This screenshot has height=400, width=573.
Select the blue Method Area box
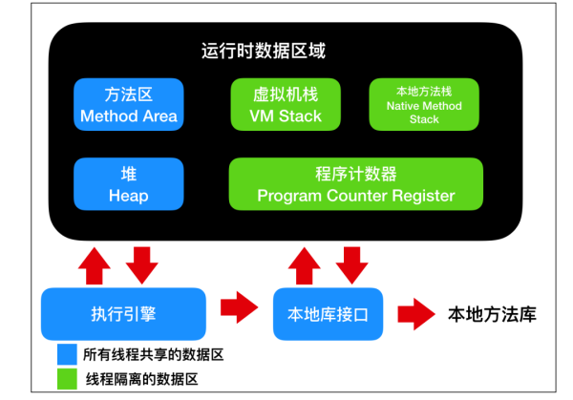coord(128,106)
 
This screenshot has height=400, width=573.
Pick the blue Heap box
coord(128,185)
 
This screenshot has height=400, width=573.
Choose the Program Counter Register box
coord(355,185)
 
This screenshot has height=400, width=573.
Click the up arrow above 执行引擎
coord(97,264)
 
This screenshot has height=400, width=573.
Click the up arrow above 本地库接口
coord(303,264)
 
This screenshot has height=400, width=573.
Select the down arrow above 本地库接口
coord(353,264)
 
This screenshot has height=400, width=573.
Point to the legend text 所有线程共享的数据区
coord(154,354)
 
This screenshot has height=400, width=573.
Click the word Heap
coord(128,196)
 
